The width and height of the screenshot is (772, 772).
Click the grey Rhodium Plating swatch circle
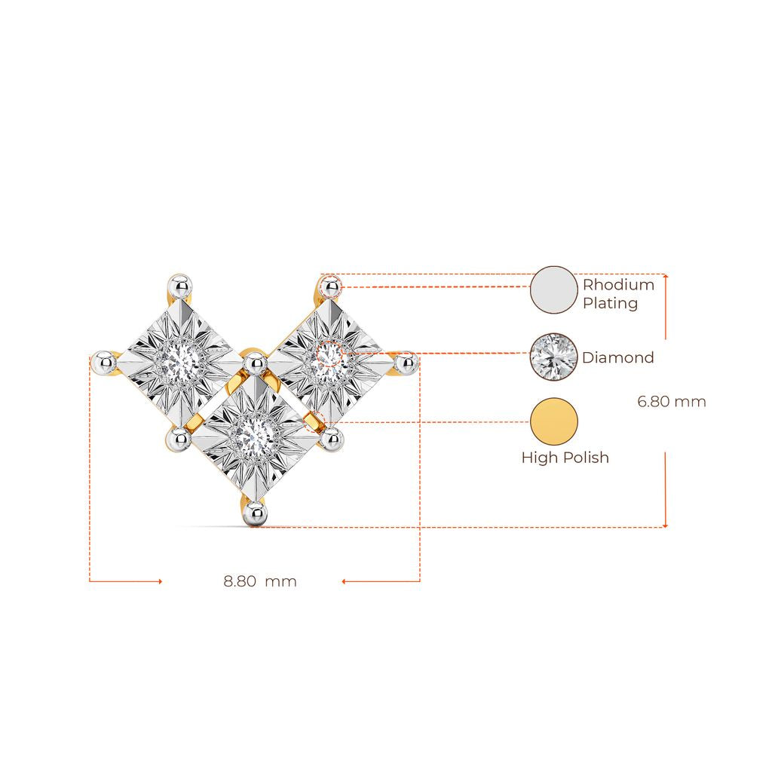pyautogui.click(x=553, y=290)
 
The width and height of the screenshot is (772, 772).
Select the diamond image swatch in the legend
pyautogui.click(x=553, y=357)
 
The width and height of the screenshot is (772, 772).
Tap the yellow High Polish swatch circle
pyautogui.click(x=553, y=421)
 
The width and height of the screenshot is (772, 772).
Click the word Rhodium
pyautogui.click(x=618, y=284)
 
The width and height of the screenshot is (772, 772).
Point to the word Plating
pyautogui.click(x=611, y=303)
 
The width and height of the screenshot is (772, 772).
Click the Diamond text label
pyautogui.click(x=618, y=357)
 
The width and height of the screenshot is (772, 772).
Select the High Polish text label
pyautogui.click(x=565, y=458)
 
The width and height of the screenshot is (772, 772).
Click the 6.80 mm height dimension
pyautogui.click(x=672, y=401)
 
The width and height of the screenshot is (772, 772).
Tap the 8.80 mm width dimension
pyautogui.click(x=260, y=581)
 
